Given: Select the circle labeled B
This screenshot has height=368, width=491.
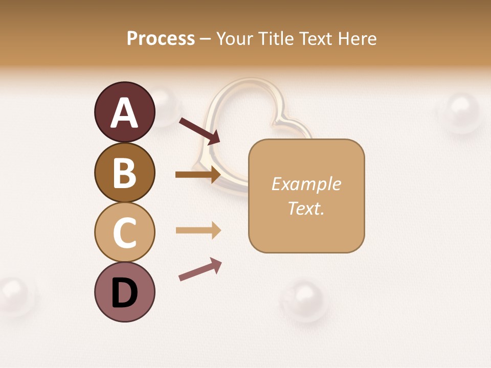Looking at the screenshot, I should (124, 172).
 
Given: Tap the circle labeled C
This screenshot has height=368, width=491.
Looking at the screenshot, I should (124, 232).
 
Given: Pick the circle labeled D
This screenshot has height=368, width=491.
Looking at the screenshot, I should (124, 292).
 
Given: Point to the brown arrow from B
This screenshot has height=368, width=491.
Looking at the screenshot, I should (198, 175).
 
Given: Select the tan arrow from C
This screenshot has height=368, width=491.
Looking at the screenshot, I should (198, 230).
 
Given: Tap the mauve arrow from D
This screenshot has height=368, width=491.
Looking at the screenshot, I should (200, 269).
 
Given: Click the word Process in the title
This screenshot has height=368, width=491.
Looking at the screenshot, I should (161, 38).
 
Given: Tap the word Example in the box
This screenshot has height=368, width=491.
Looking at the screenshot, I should (306, 184).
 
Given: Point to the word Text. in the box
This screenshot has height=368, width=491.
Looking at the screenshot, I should (306, 208).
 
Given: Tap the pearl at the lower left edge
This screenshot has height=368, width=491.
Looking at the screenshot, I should (15, 294).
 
